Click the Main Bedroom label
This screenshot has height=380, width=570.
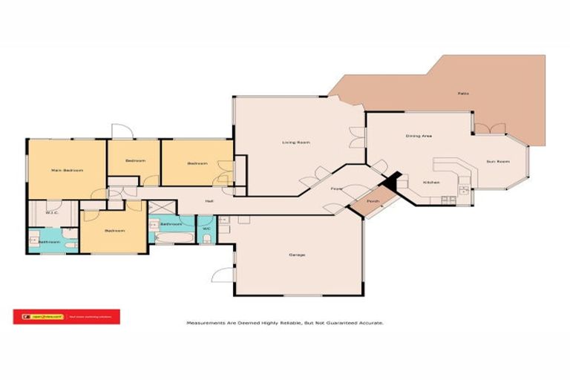pos(67,170)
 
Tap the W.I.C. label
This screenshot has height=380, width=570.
pos(51,213)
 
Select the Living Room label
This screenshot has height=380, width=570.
pos(295,142)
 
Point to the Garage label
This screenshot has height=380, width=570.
pos(297,255)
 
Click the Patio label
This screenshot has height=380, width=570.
pos(462,93)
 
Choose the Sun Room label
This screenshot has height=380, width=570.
pos(497,161)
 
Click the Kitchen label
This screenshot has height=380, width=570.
pos(431,182)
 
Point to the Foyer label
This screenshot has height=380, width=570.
pos(336,189)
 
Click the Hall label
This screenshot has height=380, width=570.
pos(210,200)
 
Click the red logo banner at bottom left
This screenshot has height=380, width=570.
pos(66,317)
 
